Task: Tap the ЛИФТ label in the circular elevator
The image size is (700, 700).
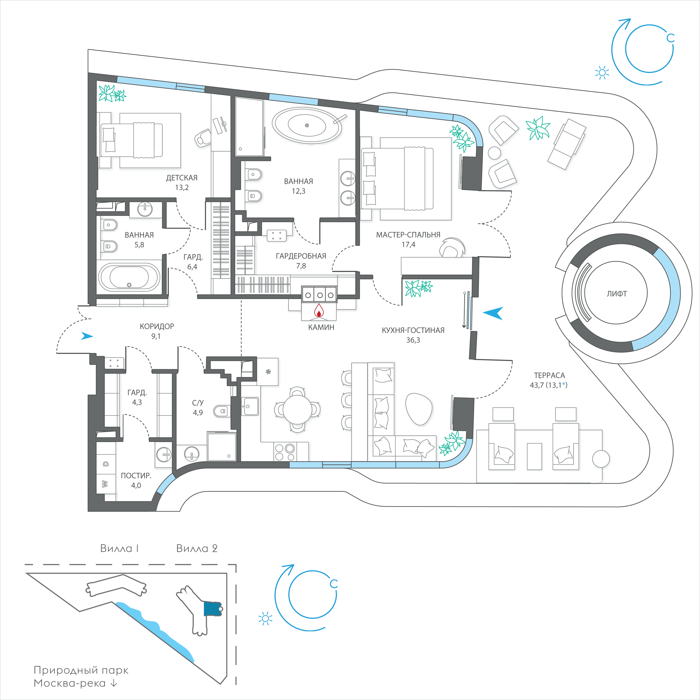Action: click(617, 294)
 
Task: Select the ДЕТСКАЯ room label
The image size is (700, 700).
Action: click(182, 178)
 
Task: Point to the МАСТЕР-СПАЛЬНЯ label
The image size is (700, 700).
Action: click(408, 235)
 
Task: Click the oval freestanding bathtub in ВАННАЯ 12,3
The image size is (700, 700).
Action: click(307, 125)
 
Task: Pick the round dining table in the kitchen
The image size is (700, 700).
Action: click(297, 409)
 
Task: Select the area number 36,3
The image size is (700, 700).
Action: click(413, 340)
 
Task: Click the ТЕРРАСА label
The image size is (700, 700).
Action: click(549, 375)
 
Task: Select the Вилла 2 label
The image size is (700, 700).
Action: click(197, 549)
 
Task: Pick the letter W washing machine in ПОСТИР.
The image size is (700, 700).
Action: click(105, 484)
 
